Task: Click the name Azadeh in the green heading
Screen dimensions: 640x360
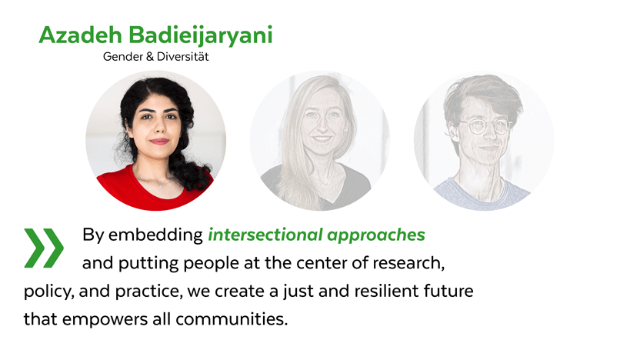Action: pyautogui.click(x=81, y=35)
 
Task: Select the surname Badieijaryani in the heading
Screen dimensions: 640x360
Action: pyautogui.click(x=201, y=36)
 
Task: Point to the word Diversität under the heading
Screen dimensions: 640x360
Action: pyautogui.click(x=183, y=56)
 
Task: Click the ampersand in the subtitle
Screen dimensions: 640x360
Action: pyautogui.click(x=149, y=56)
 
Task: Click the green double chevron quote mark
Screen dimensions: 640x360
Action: pyautogui.click(x=44, y=248)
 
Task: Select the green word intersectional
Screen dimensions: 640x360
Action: pyautogui.click(x=265, y=235)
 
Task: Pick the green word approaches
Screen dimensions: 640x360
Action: pyautogui.click(x=376, y=236)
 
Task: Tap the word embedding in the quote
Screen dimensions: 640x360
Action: pyautogui.click(x=155, y=235)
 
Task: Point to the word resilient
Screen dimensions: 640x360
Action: pyautogui.click(x=386, y=291)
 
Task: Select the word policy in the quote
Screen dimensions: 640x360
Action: pyautogui.click(x=48, y=292)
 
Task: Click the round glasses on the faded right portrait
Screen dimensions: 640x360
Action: pyautogui.click(x=485, y=126)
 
